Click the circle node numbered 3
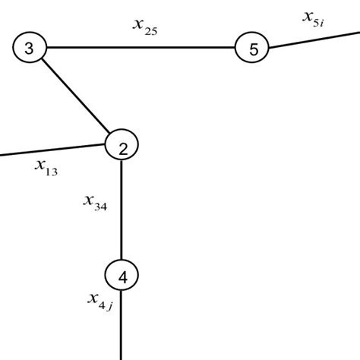pyautogui.click(x=29, y=49)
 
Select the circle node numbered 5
pyautogui.click(x=253, y=49)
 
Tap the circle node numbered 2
pyautogui.click(x=122, y=147)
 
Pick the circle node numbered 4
pyautogui.click(x=122, y=276)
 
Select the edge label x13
pyautogui.click(x=46, y=166)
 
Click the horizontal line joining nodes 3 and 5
pyautogui.click(x=141, y=49)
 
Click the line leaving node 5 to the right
pyautogui.click(x=311, y=40)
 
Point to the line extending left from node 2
pyautogui.click(x=53, y=149)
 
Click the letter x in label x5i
pyautogui.click(x=308, y=14)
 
